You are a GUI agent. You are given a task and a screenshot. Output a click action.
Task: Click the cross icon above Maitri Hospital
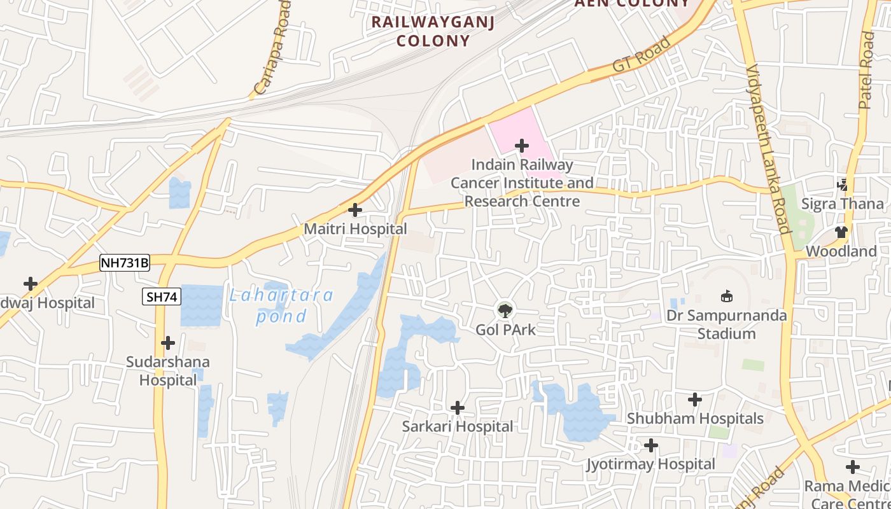click(x=355, y=210)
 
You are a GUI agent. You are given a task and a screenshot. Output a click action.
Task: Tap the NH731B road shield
click(x=125, y=263)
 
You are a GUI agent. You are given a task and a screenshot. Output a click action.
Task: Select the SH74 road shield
click(x=162, y=296)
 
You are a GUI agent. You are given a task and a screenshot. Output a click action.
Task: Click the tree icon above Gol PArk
click(x=505, y=310)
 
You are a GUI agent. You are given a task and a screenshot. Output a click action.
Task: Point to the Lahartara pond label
click(x=281, y=305)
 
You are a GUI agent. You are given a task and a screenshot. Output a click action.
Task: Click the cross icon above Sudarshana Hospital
click(x=168, y=343)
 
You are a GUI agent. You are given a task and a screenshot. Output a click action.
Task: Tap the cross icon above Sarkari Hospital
click(x=457, y=408)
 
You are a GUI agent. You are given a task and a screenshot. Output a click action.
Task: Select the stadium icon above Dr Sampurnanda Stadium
click(x=726, y=296)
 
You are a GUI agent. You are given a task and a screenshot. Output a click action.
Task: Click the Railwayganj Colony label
click(x=433, y=31)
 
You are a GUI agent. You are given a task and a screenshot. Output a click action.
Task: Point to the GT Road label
click(x=642, y=54)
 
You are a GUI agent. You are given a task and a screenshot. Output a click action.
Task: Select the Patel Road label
click(x=866, y=70)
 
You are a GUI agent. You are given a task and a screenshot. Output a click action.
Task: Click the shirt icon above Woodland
click(x=841, y=232)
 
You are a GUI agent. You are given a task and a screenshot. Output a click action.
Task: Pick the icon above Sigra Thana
click(x=843, y=185)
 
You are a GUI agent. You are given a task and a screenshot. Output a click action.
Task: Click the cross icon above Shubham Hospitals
click(x=695, y=400)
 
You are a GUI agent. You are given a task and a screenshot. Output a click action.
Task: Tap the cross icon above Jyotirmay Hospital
click(x=650, y=445)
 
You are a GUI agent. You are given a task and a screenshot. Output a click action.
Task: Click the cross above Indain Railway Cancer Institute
click(x=522, y=146)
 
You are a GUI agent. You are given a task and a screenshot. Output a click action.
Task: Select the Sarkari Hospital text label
click(x=457, y=426)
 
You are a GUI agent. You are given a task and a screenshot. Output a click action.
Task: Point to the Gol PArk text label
click(x=506, y=330)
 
